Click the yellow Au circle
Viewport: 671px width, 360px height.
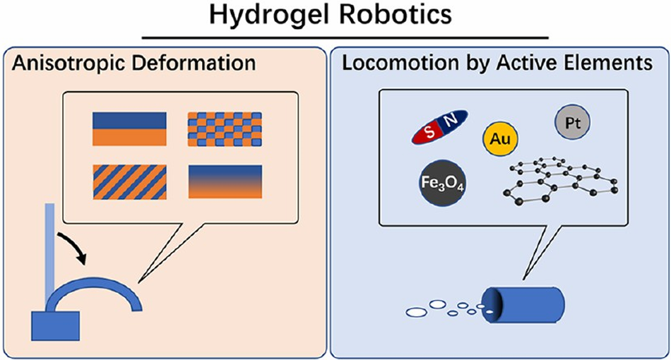coord(500,138)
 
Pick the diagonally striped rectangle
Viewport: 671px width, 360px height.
coord(129,181)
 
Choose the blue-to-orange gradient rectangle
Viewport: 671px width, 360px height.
coord(225,181)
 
